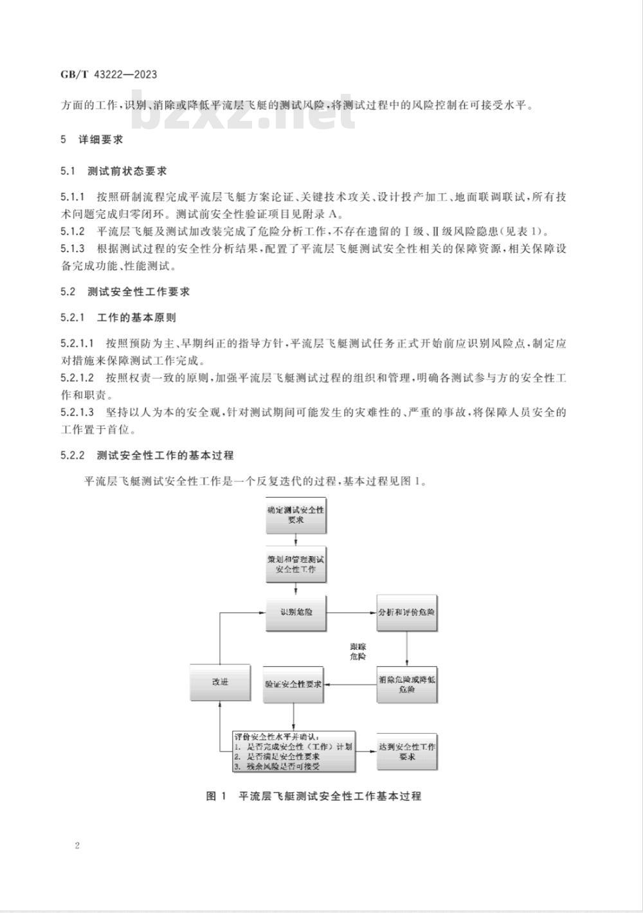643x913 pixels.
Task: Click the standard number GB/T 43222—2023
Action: (x=109, y=75)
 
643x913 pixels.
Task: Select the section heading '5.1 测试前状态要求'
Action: (x=114, y=171)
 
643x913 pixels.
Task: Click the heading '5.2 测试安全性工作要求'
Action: (x=125, y=291)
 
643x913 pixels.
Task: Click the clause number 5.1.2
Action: (x=73, y=231)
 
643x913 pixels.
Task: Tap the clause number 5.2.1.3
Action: (x=77, y=412)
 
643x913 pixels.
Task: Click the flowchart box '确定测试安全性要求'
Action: (x=296, y=515)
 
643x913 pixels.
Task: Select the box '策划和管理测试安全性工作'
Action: (x=296, y=564)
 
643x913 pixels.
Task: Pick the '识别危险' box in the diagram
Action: (x=296, y=612)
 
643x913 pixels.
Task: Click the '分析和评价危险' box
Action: (x=407, y=612)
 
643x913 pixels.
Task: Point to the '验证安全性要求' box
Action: (x=294, y=685)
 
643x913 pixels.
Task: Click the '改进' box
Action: (x=220, y=682)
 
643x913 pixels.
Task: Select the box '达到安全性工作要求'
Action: (x=407, y=752)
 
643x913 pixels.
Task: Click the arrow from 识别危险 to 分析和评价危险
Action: (x=352, y=612)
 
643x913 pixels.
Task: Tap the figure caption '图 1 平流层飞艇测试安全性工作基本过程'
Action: (x=313, y=796)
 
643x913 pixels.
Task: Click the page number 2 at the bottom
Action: (x=77, y=845)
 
